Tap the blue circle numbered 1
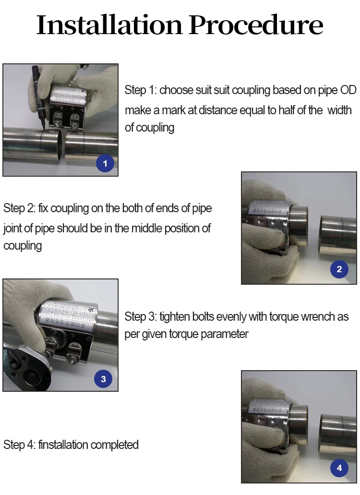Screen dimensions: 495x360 coord(105,163)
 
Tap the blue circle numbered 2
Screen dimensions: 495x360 coord(339,269)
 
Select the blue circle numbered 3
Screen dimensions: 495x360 coord(103,379)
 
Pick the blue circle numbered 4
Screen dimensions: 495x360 coord(339,468)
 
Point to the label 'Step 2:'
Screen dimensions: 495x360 coord(19,208)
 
